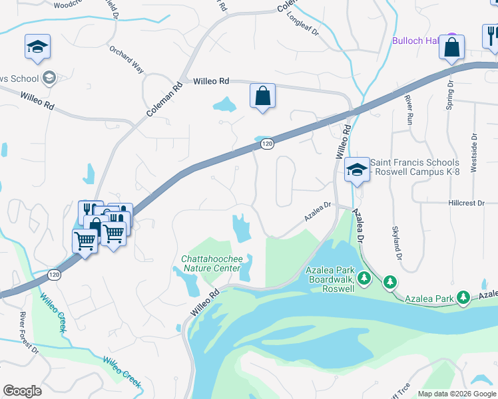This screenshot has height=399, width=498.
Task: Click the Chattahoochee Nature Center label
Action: click(x=210, y=263)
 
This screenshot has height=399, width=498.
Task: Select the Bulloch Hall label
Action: click(x=417, y=41)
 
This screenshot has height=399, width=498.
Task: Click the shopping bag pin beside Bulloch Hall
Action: click(x=451, y=48)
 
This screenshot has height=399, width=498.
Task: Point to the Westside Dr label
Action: click(x=473, y=153)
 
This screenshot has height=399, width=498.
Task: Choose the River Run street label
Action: click(x=409, y=110)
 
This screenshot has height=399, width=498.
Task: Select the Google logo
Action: click(x=23, y=390)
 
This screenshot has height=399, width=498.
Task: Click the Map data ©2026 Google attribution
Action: click(x=457, y=393)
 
